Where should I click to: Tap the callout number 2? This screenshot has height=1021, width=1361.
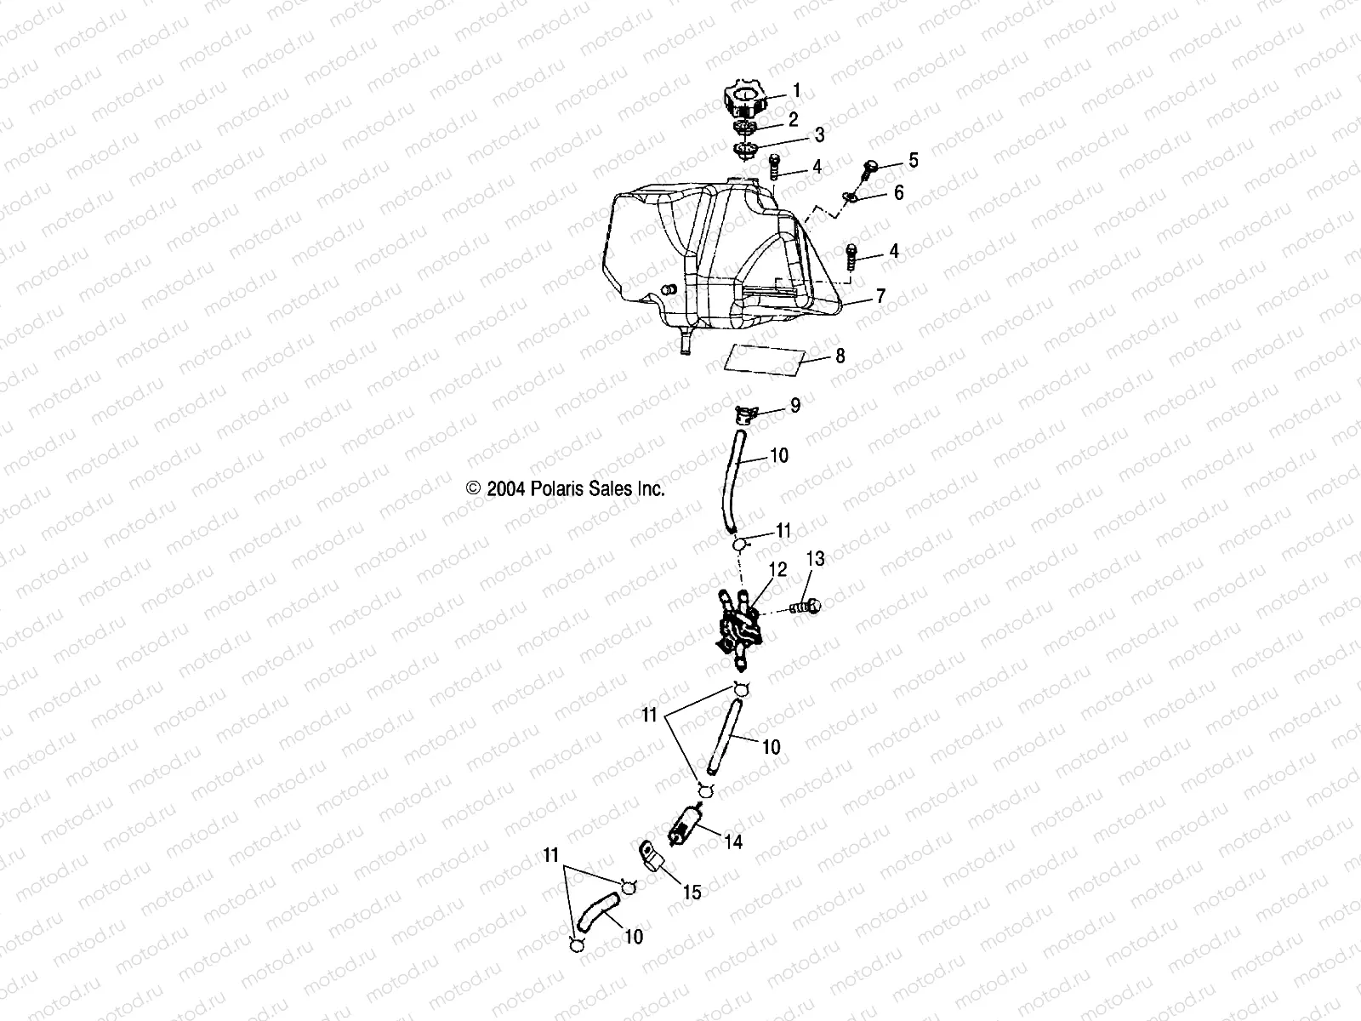tap(793, 119)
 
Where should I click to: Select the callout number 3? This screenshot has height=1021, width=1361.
tap(819, 134)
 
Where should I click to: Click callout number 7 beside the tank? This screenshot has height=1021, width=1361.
tap(880, 296)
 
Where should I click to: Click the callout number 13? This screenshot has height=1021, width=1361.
tap(815, 559)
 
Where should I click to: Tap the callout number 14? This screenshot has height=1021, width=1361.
tap(733, 841)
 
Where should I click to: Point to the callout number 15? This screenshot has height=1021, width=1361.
tap(692, 892)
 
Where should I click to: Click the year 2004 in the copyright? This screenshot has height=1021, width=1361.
tap(505, 489)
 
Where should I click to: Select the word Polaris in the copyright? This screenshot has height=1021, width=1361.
tap(557, 489)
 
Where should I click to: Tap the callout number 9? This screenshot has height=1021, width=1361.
tap(795, 405)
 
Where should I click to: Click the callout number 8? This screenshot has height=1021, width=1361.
tap(840, 356)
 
